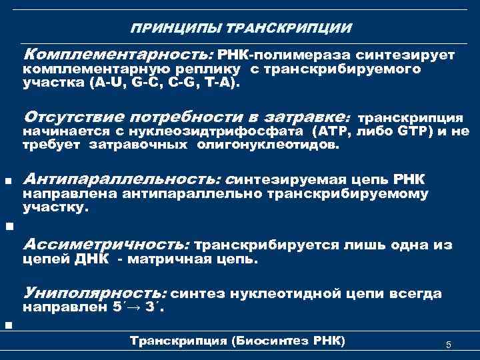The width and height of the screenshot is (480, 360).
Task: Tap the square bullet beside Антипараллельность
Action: (7, 180)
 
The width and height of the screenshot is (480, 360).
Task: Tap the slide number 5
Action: (449, 345)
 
